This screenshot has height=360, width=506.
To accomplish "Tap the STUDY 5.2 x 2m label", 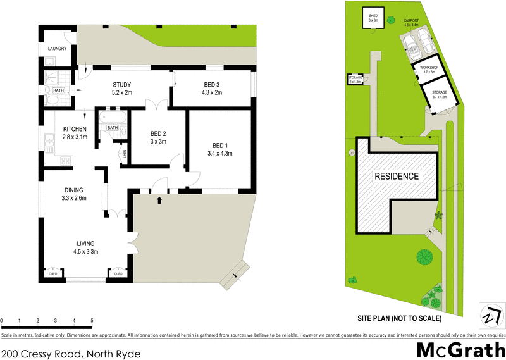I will tap(121, 89).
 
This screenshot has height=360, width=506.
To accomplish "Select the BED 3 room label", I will tap(212, 89).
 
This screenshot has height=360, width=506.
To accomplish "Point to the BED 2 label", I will tap(158, 137).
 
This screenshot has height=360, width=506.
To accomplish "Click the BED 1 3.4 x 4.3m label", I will tap(220, 149).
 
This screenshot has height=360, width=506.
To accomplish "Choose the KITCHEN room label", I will tap(74, 133).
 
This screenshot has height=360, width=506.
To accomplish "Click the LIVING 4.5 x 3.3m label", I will tap(85, 247).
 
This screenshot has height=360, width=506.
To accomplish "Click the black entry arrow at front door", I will tap(159, 201).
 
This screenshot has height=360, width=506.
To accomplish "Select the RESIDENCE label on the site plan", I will tap(397, 177).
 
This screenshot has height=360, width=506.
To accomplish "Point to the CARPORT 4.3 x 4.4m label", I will tap(415, 23).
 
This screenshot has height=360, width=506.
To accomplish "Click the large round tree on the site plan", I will tap(424, 257).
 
